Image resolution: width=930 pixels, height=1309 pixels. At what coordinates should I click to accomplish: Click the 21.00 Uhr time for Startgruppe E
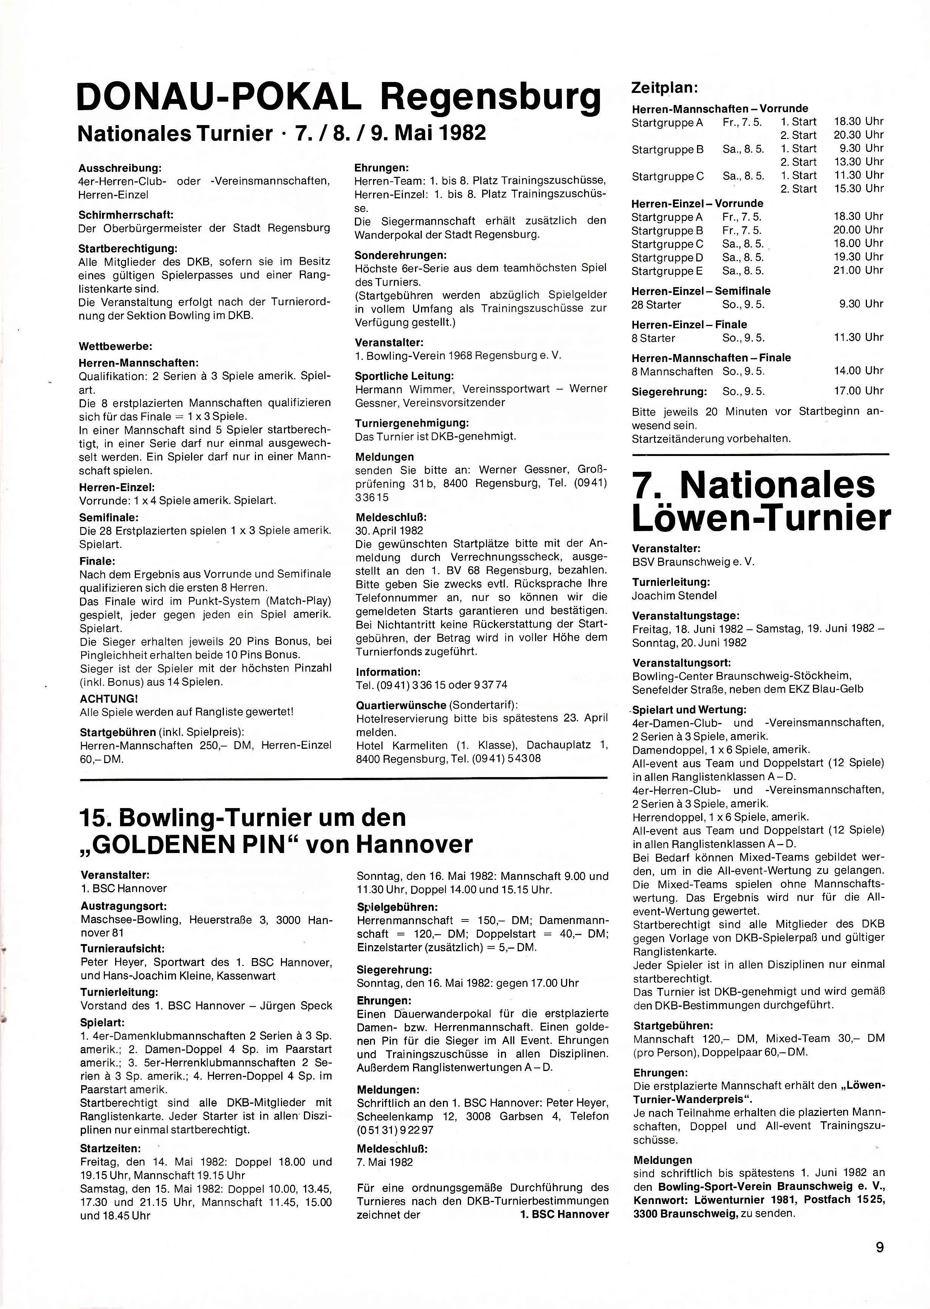(858, 270)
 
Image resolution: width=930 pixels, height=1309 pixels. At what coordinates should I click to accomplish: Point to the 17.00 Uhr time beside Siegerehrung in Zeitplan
(858, 391)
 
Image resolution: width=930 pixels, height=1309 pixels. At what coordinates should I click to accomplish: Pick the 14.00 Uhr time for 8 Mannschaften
(858, 371)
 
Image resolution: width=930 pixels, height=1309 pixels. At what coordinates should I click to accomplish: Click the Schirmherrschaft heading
(125, 215)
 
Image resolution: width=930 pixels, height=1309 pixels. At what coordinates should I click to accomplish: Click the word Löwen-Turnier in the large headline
(760, 518)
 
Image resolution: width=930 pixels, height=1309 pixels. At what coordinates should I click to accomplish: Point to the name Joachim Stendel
(674, 595)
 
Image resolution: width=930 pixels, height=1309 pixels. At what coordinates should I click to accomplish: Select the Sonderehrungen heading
(400, 255)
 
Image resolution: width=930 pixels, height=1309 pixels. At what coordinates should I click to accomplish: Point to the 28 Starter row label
(656, 305)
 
